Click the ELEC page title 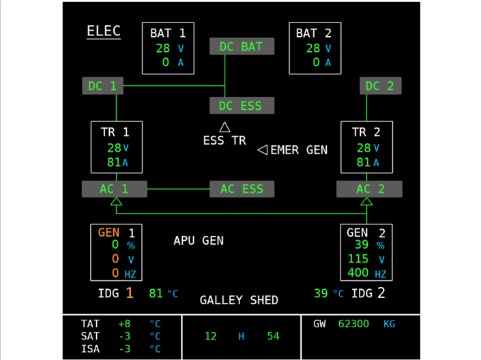tap(104, 31)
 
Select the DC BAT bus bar tap(242, 46)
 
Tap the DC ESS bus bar tap(242, 106)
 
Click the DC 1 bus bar tap(103, 85)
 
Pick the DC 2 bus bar tap(381, 85)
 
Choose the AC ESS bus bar tap(242, 189)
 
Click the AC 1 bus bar tap(115, 189)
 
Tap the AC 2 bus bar tap(369, 189)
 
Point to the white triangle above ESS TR tap(225, 127)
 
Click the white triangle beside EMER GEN tap(263, 149)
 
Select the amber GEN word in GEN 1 tap(108, 232)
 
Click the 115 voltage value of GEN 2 tap(358, 259)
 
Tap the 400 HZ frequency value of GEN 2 tap(358, 273)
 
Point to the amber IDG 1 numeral tap(130, 293)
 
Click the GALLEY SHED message tap(239, 300)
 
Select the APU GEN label tap(199, 241)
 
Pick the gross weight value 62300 tap(353, 324)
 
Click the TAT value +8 tap(124, 324)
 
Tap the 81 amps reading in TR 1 tap(114, 162)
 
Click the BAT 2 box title tap(314, 33)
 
